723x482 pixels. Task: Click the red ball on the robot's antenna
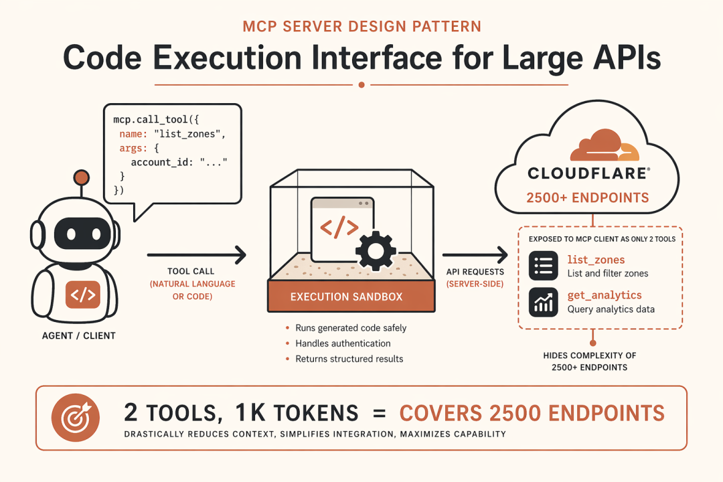(82, 177)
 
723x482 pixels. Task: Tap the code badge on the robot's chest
(82, 295)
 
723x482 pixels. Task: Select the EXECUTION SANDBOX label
(346, 296)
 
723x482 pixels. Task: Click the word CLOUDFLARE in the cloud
(587, 173)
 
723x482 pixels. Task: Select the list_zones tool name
(596, 260)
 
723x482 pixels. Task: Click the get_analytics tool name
(605, 295)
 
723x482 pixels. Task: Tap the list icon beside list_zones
(544, 266)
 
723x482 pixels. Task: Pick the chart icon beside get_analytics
(544, 302)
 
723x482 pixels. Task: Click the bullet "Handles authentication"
(343, 343)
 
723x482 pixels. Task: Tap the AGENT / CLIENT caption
(78, 335)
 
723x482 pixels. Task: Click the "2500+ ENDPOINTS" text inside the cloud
(587, 197)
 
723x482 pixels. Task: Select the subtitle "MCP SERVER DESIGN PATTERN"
(361, 27)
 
